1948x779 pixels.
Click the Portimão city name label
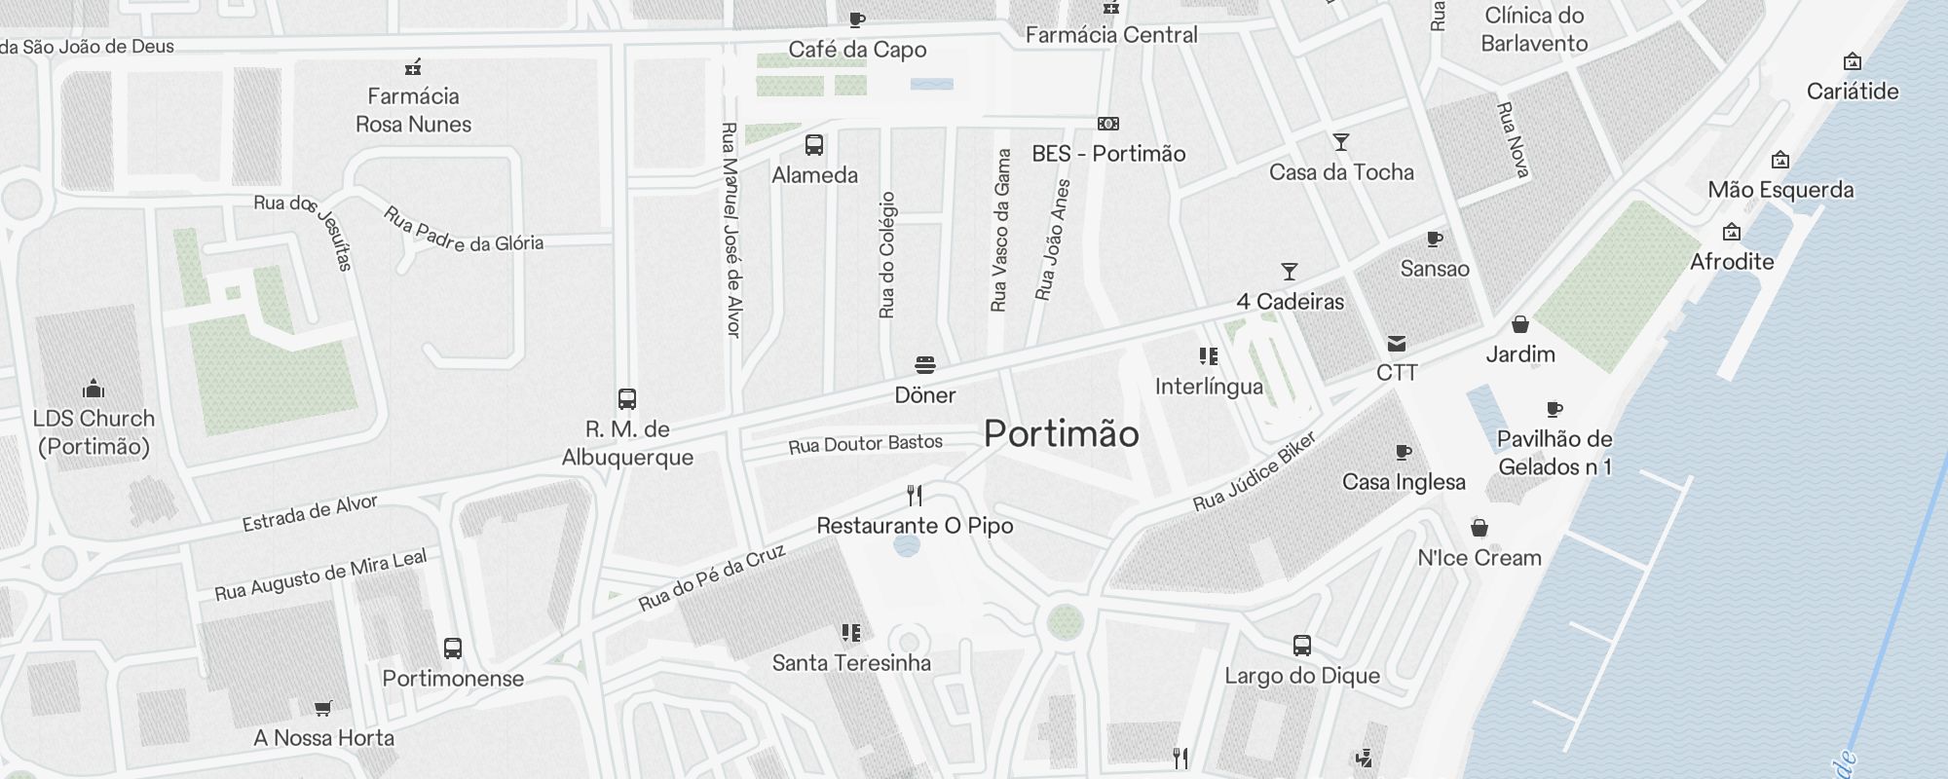[1061, 434]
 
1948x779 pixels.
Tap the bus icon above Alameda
[814, 145]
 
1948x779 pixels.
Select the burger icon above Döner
[925, 365]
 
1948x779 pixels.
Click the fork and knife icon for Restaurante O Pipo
[915, 496]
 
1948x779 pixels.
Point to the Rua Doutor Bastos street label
[865, 445]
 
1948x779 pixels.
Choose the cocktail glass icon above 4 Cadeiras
[1290, 272]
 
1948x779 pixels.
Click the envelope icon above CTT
[1397, 343]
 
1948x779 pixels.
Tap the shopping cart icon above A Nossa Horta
[322, 708]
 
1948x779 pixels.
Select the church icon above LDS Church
[94, 389]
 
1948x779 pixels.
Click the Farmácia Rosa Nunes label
[413, 110]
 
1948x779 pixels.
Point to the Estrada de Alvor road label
[310, 513]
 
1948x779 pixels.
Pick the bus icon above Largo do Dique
[1302, 645]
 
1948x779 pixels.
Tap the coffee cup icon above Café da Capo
[857, 19]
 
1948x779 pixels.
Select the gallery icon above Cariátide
[1853, 61]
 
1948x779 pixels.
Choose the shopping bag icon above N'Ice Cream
[1480, 528]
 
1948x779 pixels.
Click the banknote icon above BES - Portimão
[1108, 124]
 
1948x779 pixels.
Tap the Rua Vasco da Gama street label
[1000, 231]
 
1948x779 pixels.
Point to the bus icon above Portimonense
[453, 649]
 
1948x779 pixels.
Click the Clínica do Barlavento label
[1534, 29]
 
